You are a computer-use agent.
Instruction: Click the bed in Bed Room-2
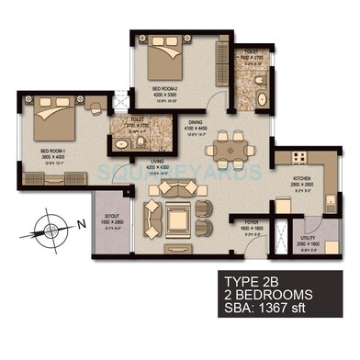(x=169, y=59)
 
